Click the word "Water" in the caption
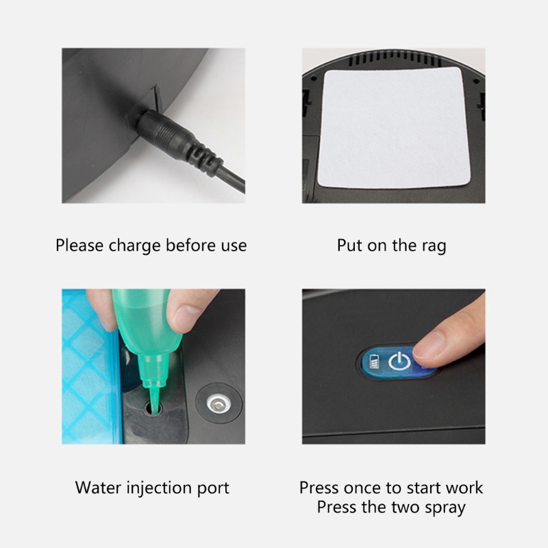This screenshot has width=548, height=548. point(98,488)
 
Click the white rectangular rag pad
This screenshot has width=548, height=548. point(394,128)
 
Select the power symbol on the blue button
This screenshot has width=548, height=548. point(399,361)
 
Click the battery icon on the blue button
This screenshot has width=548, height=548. point(374,362)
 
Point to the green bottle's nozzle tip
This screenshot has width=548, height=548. point(153,410)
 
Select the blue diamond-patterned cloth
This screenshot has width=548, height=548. point(92,366)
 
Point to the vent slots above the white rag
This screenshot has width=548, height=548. point(394,60)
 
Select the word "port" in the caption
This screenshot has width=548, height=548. point(214,489)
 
